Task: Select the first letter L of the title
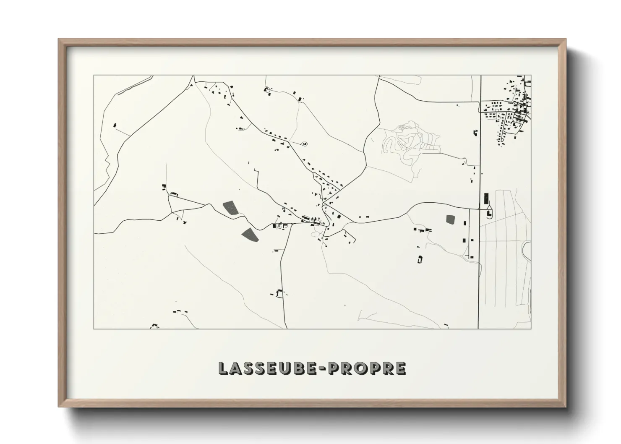pos(223,368)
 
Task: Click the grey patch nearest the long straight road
pos(451,219)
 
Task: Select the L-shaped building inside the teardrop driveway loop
pos(489,214)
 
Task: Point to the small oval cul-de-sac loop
pos(304,144)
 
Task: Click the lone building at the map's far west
pos(114,125)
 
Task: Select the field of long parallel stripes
pos(504,252)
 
